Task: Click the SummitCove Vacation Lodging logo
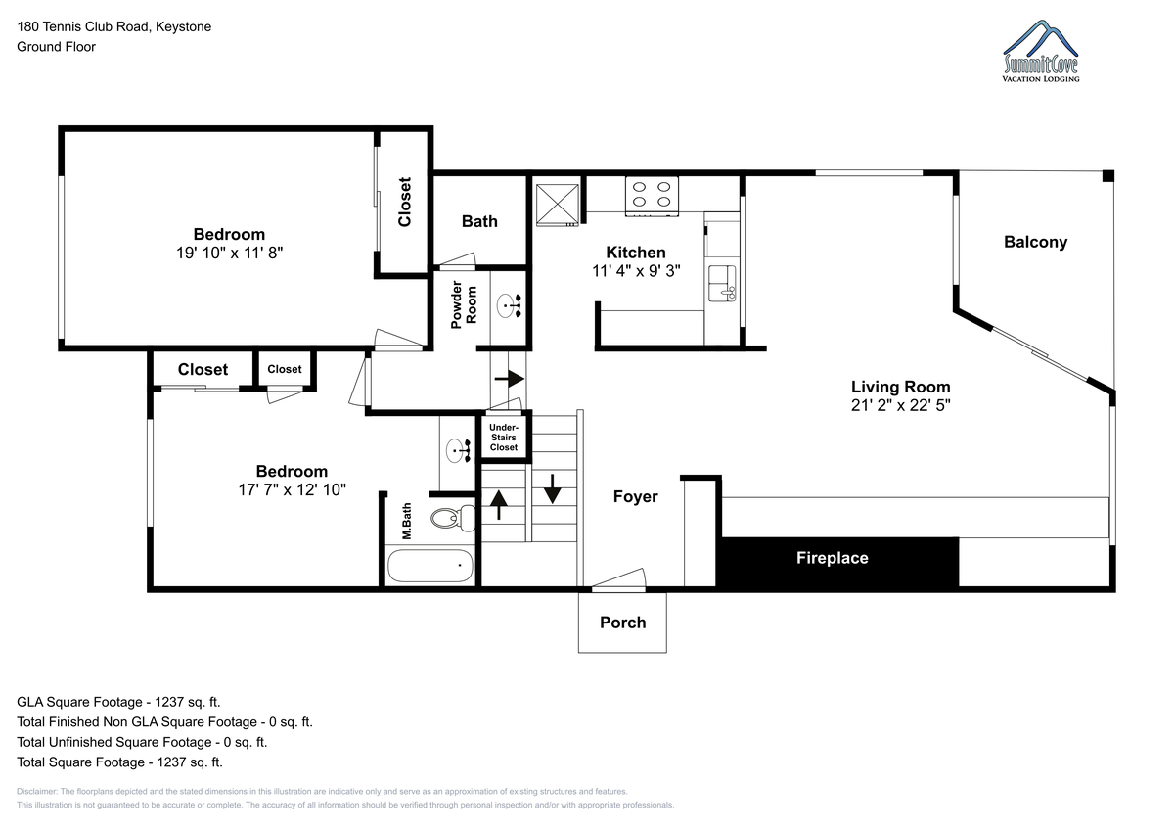(x=1041, y=51)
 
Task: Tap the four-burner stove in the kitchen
(x=652, y=196)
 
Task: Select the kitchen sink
(x=722, y=284)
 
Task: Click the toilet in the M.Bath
(x=453, y=518)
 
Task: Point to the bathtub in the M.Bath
(x=430, y=565)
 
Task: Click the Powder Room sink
(x=509, y=305)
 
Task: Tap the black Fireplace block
(x=837, y=562)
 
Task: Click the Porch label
(x=622, y=623)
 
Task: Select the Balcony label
(x=1035, y=242)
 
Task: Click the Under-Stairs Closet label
(x=503, y=438)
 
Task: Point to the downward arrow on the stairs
(x=553, y=488)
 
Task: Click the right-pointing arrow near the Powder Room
(x=509, y=378)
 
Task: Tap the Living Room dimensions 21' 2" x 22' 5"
(x=900, y=405)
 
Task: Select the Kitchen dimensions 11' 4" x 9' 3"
(x=636, y=271)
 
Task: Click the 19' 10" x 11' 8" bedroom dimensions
(x=229, y=253)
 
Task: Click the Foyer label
(x=635, y=496)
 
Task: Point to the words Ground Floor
(x=56, y=47)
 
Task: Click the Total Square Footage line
(x=119, y=762)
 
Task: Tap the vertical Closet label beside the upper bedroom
(x=405, y=202)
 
